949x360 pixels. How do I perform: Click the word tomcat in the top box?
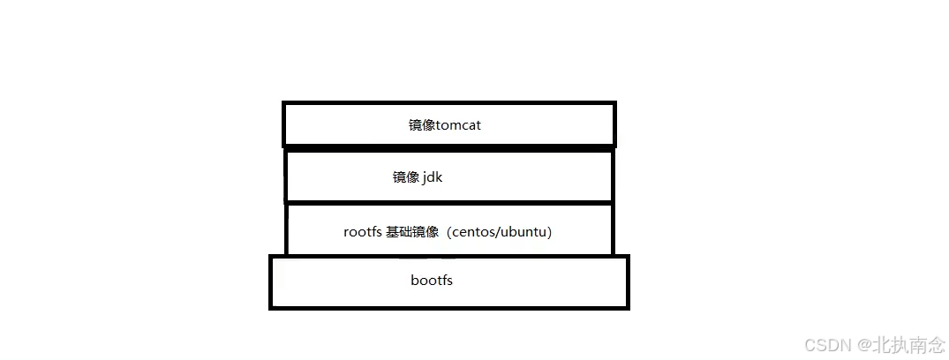tap(458, 125)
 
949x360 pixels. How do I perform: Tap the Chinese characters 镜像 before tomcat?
tap(421, 125)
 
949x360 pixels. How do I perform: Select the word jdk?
tap(433, 177)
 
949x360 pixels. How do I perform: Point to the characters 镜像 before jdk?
tap(405, 177)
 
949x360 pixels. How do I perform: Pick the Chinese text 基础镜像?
tap(412, 232)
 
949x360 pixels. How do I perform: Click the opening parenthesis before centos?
tap(452, 232)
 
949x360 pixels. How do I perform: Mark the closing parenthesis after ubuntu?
tap(550, 232)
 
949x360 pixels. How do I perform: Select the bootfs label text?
tap(432, 281)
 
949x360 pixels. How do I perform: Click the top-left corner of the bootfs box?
tap(271, 257)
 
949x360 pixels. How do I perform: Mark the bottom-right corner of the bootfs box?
tap(628, 308)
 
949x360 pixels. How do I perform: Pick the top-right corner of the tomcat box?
tap(614, 103)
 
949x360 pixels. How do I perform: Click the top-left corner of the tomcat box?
tap(284, 103)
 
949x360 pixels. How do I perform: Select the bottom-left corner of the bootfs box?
tap(271, 308)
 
